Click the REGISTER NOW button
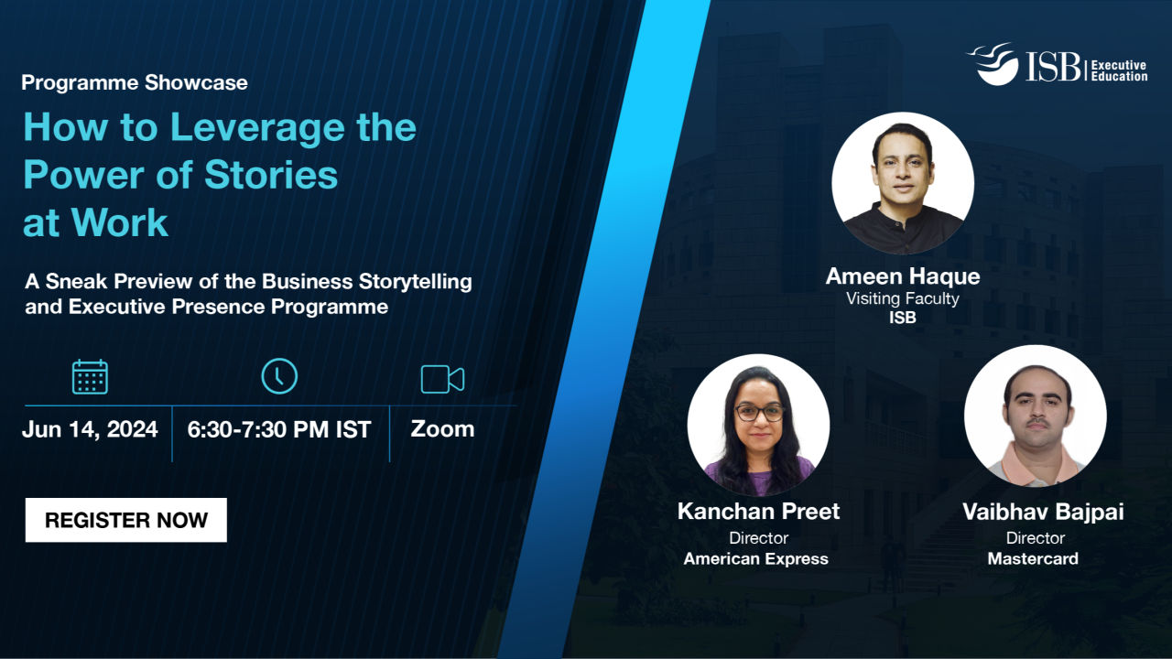pos(126,520)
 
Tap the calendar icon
pos(90,377)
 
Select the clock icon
pos(279,376)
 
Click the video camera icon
pos(442,379)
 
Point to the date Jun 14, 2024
pos(90,429)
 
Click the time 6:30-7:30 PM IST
pos(279,430)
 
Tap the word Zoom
pos(442,429)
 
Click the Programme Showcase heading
pos(135,82)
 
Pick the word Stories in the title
pos(271,175)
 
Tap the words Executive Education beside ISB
pos(1119,70)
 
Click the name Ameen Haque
pos(903,276)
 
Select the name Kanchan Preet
pos(759,511)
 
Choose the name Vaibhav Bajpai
pos(1043,513)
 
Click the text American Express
pos(756,558)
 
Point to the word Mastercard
pos(1033,558)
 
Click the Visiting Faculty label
pos(903,298)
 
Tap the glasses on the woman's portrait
pos(759,413)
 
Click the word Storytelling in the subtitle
pos(416,282)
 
